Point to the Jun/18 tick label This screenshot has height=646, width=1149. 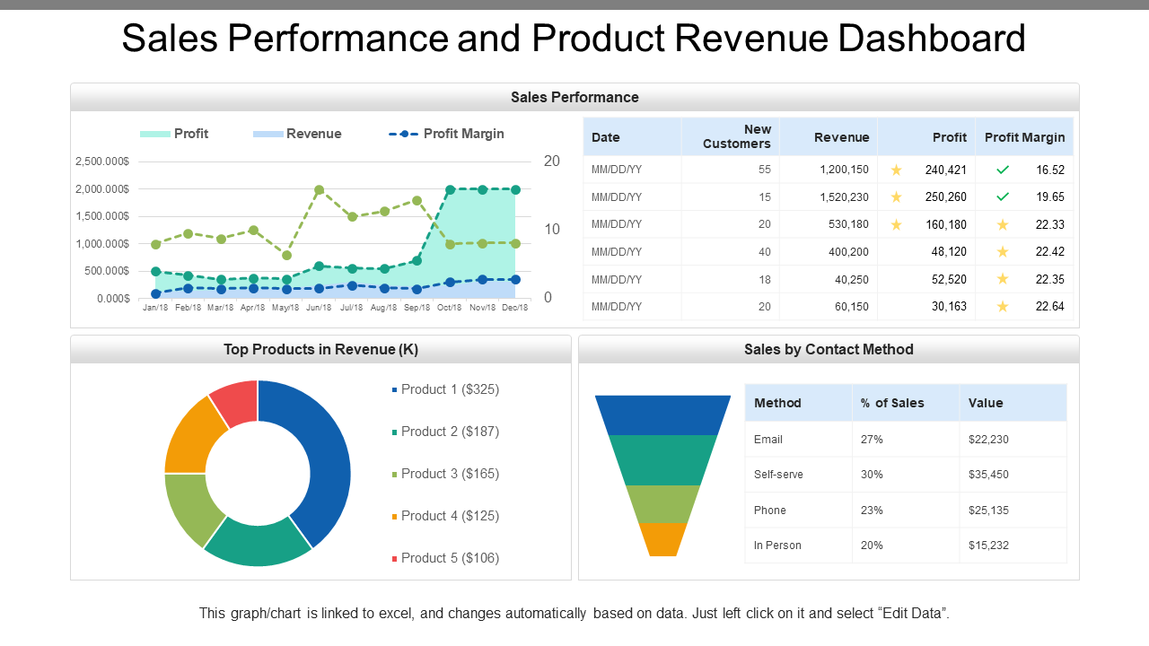point(319,308)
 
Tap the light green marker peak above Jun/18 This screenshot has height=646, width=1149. point(319,190)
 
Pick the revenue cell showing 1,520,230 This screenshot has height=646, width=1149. point(843,196)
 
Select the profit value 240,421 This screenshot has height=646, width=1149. point(945,170)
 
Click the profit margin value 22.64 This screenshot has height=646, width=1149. point(1049,306)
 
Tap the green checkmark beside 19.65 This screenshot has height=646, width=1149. point(1003,196)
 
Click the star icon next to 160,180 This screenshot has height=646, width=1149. point(896,224)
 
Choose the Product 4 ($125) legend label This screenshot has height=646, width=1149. point(450,516)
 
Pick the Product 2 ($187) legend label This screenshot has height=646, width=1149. point(450,432)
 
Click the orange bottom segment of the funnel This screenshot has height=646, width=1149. point(662,539)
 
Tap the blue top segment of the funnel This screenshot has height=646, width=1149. point(662,415)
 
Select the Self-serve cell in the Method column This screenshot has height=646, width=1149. point(778,475)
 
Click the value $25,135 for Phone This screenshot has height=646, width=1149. point(988,510)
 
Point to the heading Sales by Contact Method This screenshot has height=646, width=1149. point(828,350)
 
